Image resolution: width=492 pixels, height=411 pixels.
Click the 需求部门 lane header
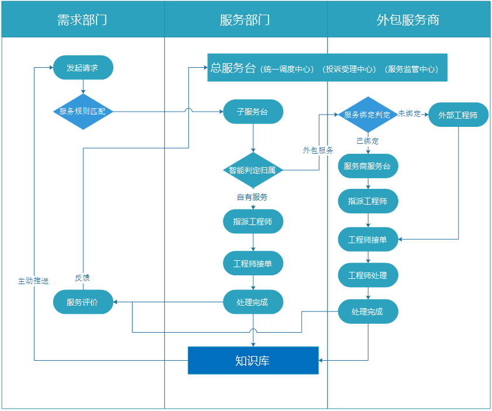tap(82, 20)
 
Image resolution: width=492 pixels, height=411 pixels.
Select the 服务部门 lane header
tap(245, 20)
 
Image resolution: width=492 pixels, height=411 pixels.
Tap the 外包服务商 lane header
tap(408, 20)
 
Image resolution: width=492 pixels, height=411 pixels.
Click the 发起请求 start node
tap(82, 68)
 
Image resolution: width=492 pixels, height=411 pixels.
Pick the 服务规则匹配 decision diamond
tap(82, 111)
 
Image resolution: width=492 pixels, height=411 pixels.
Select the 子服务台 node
tap(253, 112)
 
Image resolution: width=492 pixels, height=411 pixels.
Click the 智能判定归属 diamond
tap(253, 171)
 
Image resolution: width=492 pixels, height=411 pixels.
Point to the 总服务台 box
tap(327, 68)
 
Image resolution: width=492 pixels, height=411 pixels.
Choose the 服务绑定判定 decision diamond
tap(367, 115)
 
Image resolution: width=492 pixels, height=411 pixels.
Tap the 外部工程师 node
tap(458, 115)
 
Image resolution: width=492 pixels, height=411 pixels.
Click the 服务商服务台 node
tap(368, 166)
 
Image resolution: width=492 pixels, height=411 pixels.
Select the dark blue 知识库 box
tap(253, 360)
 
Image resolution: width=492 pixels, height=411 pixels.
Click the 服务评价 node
tap(82, 302)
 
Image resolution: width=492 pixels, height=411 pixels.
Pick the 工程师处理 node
tap(368, 275)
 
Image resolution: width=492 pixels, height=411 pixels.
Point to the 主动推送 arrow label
tap(33, 281)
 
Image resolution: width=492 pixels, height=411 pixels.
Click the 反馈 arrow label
tap(82, 278)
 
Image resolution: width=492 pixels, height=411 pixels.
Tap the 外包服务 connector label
tap(318, 150)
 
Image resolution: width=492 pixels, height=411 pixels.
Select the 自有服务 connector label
tap(252, 197)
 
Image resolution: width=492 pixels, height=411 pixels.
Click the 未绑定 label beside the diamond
tap(410, 113)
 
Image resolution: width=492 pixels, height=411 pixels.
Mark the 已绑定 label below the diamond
tap(367, 141)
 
